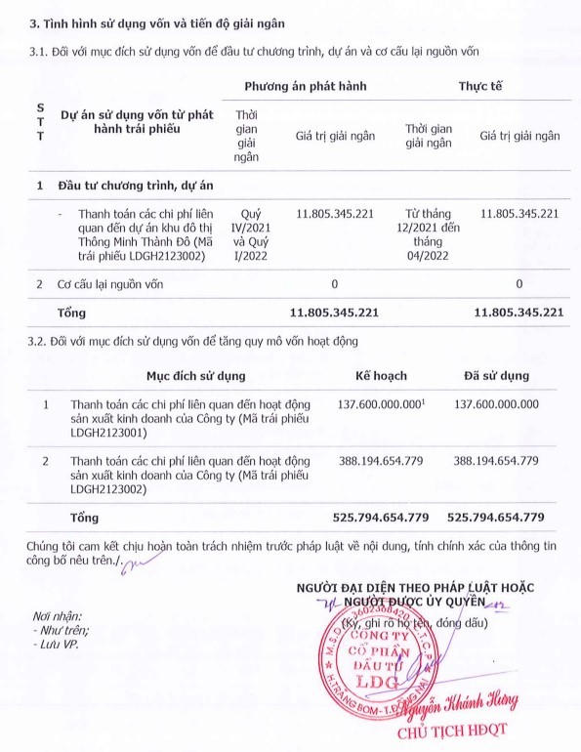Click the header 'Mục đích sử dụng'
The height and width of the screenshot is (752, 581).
(183, 375)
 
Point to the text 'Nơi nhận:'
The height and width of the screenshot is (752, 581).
(59, 616)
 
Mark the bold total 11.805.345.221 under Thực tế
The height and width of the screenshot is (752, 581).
(519, 313)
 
